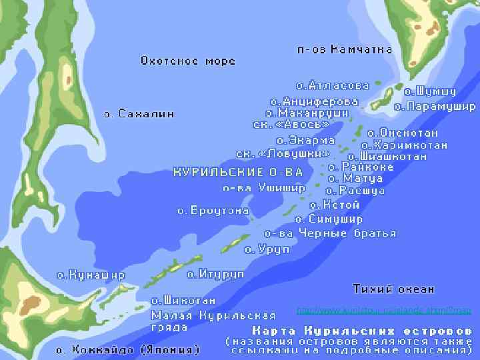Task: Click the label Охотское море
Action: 187,61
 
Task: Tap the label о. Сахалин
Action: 139,114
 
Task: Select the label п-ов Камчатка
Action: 339,49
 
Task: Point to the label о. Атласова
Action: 332,86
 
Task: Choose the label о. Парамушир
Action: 434,106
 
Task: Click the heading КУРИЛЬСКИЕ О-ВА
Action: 238,172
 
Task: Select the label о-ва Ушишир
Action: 264,188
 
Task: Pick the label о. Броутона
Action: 213,211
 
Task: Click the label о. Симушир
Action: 329,219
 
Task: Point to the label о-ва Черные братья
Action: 330,233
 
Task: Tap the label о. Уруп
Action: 267,249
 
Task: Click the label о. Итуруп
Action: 215,273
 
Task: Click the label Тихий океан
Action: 393,289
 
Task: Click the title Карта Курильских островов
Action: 362,331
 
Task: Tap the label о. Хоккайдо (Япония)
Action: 127,349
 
